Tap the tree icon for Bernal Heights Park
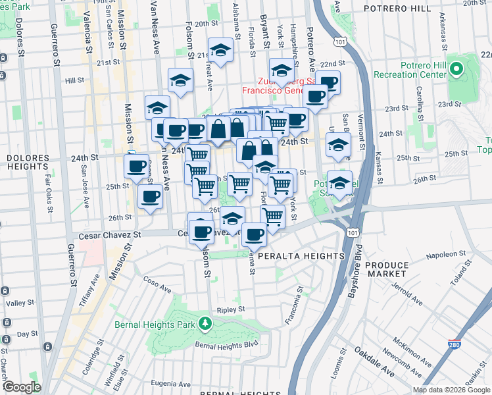pos(206,323)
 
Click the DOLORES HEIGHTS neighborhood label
pos(28,163)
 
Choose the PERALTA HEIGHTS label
pos(301,255)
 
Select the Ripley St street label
pos(231,308)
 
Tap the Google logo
pos(22,387)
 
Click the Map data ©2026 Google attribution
pos(451,390)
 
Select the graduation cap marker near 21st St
pos(220,51)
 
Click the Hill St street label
pos(76,80)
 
